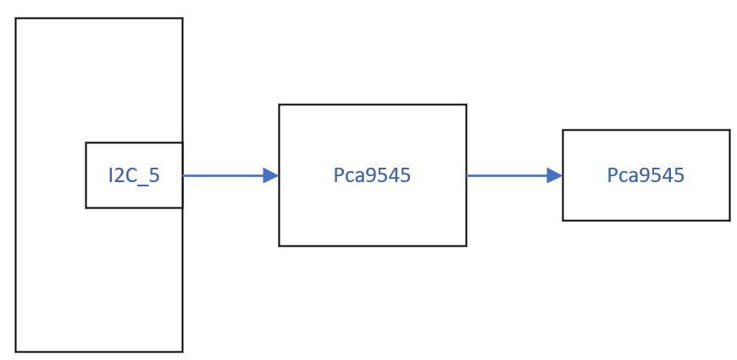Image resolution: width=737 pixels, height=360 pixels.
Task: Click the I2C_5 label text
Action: tap(134, 175)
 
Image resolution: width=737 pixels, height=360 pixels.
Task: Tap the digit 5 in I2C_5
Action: tap(154, 175)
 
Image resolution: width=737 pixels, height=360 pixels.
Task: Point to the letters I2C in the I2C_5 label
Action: tap(123, 175)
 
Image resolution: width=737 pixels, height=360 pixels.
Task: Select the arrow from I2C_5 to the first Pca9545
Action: tap(224, 175)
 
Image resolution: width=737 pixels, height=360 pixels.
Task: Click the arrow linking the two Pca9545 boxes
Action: tap(508, 175)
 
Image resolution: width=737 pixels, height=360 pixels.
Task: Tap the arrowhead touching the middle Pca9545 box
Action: tap(271, 175)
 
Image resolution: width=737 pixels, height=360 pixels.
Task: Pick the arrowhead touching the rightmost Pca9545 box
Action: tap(555, 175)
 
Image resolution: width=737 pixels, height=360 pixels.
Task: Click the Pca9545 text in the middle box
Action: tap(372, 175)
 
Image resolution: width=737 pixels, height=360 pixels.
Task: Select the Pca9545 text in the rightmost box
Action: tap(646, 175)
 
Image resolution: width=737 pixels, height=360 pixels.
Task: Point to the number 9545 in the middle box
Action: tap(388, 175)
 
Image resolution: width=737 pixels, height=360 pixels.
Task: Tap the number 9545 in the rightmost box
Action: tap(662, 175)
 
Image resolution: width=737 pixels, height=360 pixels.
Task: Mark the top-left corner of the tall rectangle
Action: tap(15, 19)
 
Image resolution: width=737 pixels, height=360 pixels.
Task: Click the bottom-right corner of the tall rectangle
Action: tap(182, 352)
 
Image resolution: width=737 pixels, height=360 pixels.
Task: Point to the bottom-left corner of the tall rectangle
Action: tap(15, 352)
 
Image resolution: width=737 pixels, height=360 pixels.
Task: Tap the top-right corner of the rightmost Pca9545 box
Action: tap(729, 130)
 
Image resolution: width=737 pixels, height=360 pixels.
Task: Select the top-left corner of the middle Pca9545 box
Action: tap(279, 104)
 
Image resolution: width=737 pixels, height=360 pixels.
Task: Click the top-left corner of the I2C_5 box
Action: tap(86, 142)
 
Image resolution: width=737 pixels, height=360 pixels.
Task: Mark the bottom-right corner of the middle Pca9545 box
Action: tap(466, 246)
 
